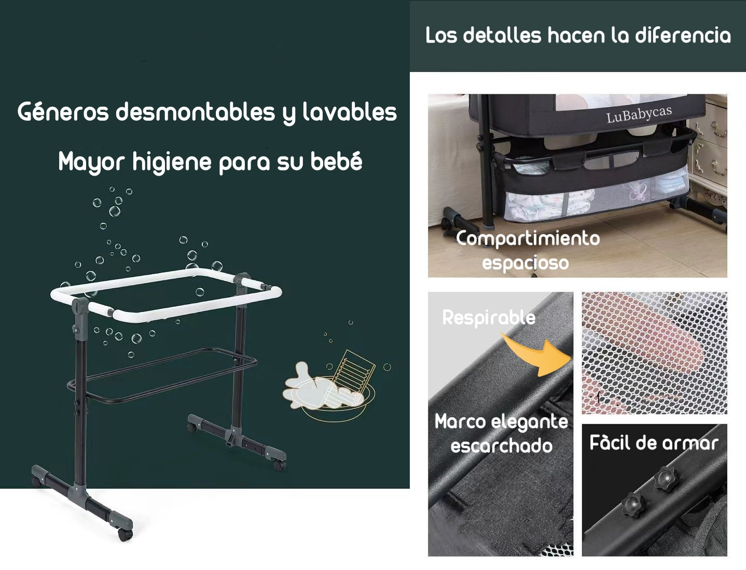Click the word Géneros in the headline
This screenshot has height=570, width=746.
(63, 112)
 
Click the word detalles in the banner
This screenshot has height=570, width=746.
(502, 35)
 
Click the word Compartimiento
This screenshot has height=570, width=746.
(528, 239)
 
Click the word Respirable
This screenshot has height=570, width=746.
(489, 318)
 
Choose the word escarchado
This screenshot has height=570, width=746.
(501, 446)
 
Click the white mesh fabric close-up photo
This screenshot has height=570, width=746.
(655, 353)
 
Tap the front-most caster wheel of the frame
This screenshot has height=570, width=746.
(125, 534)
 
